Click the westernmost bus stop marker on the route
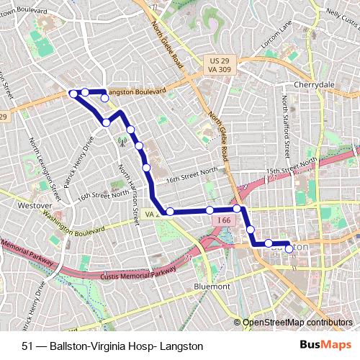tap(73, 93)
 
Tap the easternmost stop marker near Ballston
tap(289, 248)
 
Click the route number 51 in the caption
tap(27, 346)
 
